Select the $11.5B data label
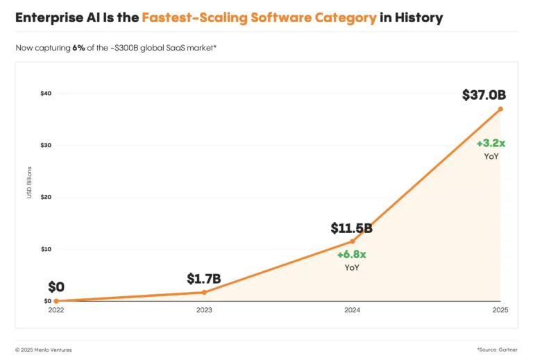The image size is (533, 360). (351, 228)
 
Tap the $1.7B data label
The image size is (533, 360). (203, 279)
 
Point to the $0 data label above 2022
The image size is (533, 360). (56, 287)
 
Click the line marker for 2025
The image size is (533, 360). (500, 109)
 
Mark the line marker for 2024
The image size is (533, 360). (353, 241)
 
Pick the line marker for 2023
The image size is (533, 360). (204, 292)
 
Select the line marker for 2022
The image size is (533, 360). (56, 301)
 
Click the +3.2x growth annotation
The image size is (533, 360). (491, 143)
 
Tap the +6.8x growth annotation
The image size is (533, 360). (352, 255)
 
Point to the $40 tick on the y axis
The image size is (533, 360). (46, 93)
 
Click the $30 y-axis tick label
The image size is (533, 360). (46, 145)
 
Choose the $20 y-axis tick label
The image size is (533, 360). (46, 197)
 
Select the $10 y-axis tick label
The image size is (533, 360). (46, 249)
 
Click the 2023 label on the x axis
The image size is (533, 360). (204, 311)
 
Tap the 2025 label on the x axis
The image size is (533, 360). (500, 311)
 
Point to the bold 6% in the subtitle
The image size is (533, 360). (79, 48)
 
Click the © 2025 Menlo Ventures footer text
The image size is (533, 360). (43, 350)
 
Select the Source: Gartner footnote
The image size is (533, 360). (497, 350)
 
